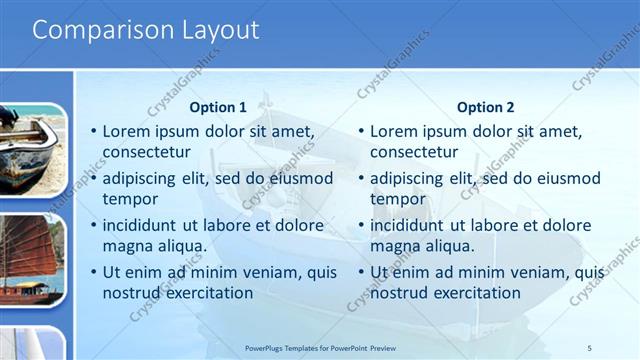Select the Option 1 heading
[x=218, y=107]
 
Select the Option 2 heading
[x=486, y=107]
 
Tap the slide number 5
[x=590, y=347]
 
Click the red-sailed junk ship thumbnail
[x=32, y=258]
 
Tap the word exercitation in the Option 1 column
[x=198, y=293]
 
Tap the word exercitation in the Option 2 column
[x=466, y=293]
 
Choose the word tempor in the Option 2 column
[x=398, y=199]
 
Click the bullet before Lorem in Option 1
[x=94, y=131]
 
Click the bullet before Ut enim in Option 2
[x=362, y=272]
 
